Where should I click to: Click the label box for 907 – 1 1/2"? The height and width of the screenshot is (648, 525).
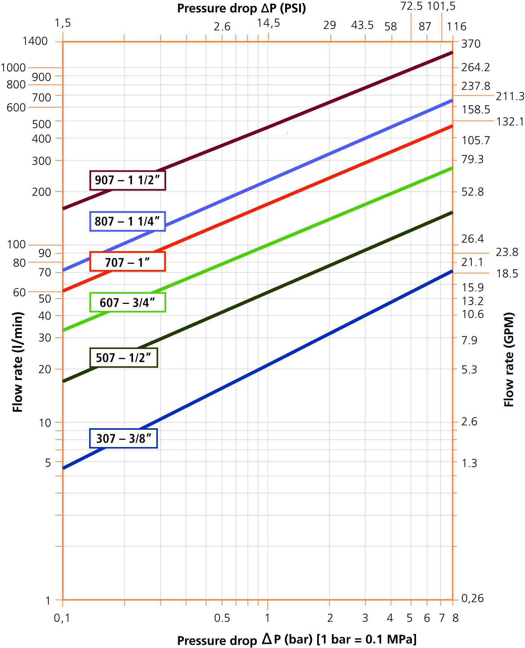[128, 180]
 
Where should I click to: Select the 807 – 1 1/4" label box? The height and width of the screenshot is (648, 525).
[128, 221]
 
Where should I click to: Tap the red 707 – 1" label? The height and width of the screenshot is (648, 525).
[128, 262]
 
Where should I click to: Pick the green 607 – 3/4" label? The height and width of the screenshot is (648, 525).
[128, 302]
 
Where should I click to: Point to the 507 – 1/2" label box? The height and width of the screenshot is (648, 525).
[124, 358]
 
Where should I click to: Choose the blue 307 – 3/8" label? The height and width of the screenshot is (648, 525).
[124, 438]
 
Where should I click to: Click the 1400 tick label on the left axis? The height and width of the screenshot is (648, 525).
[35, 41]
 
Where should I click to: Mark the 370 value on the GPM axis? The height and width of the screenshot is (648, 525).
[471, 44]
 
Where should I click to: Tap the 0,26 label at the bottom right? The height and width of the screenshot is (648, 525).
[472, 598]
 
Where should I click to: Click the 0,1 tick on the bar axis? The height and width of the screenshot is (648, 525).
[62, 618]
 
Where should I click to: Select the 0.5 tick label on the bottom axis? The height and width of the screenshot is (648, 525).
[222, 618]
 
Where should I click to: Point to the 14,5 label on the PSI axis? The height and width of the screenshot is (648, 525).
[268, 23]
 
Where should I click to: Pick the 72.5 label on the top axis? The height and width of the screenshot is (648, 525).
[412, 6]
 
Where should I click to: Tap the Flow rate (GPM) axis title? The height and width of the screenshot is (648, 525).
[508, 359]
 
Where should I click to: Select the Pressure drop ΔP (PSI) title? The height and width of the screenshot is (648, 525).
[242, 8]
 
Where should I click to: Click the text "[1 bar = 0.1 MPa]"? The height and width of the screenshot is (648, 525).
[366, 639]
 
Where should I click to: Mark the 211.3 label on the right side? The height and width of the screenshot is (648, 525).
[510, 97]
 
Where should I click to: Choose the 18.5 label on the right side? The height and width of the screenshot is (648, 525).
[507, 273]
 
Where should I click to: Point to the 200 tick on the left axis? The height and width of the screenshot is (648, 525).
[42, 192]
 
